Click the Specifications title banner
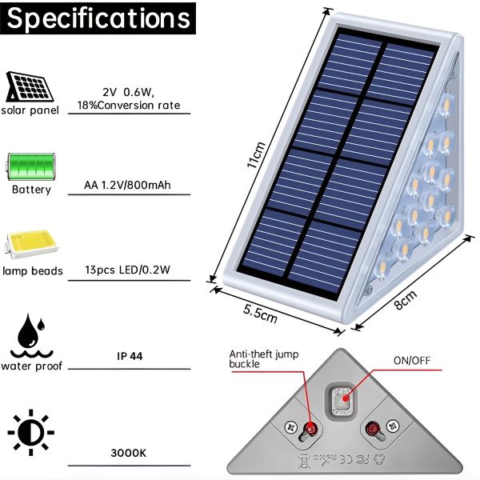pos(98,18)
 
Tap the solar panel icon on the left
pos(30,87)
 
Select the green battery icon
pos(31,166)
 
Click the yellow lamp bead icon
pos(31,244)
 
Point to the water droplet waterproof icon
pos(31,336)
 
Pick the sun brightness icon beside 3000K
pos(31,432)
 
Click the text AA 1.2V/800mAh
pos(127,185)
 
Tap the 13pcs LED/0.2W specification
pos(128,270)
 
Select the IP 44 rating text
pos(130,356)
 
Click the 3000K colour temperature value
pos(129,453)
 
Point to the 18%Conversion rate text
pos(129,106)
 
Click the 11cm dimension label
pos(256,155)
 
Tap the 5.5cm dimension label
pos(260,314)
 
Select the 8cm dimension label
pos(405,300)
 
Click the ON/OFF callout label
pos(412,361)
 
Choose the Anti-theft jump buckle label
pos(264,359)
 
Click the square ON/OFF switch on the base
pos(342,400)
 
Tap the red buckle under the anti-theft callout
pos(310,427)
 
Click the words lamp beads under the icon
pos(33,271)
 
